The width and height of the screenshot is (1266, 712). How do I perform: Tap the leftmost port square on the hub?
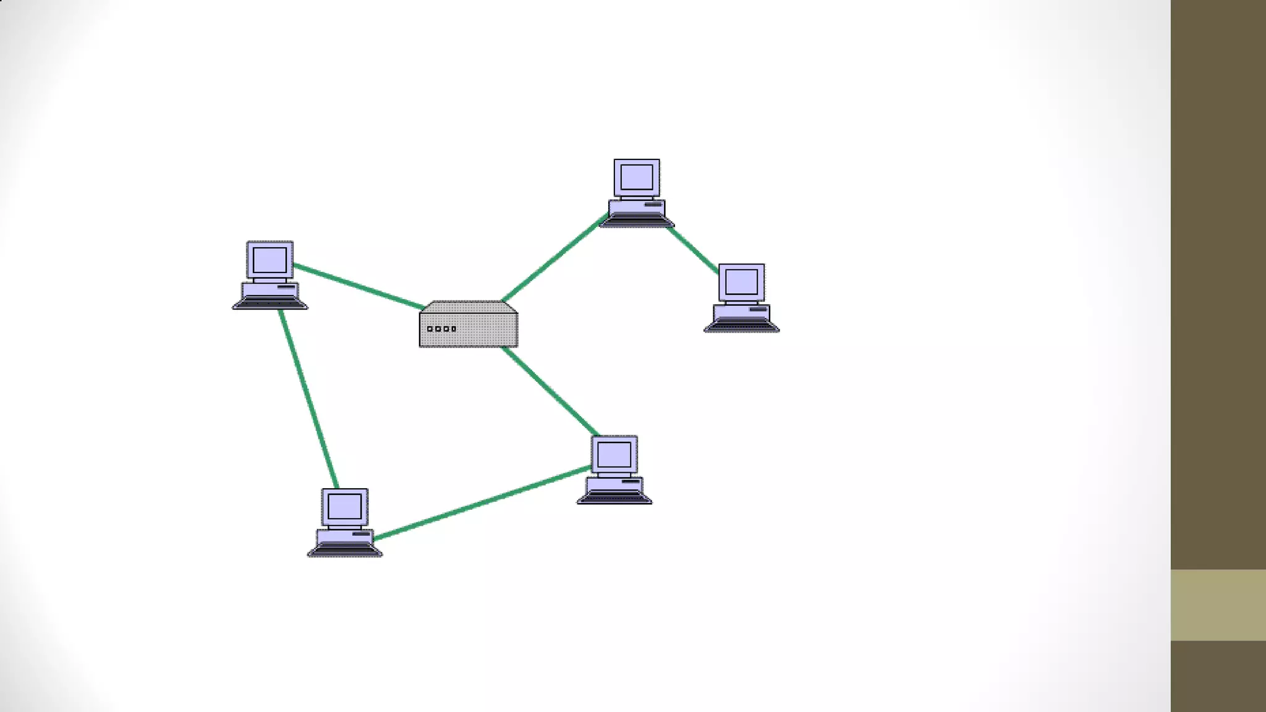coord(430,329)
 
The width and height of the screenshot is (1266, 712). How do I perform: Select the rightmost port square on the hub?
coord(454,329)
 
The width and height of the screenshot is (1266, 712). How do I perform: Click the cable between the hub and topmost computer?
coord(553,258)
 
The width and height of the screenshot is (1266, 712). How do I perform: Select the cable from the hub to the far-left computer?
coord(359,286)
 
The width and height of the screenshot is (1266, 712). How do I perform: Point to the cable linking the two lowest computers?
coord(482,503)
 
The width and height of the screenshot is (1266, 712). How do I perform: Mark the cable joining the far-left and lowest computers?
coord(308,399)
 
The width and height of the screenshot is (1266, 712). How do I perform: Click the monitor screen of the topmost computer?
coord(636,177)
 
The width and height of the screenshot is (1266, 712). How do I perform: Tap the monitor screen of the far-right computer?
coord(741,282)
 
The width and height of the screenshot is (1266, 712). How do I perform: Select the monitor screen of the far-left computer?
coord(270,260)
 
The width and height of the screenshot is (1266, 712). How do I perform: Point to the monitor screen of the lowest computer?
coord(344,507)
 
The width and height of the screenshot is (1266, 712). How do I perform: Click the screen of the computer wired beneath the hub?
coord(614,454)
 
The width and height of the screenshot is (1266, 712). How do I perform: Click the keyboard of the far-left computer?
coord(270,303)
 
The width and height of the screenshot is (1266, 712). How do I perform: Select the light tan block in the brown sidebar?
coord(1218,604)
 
